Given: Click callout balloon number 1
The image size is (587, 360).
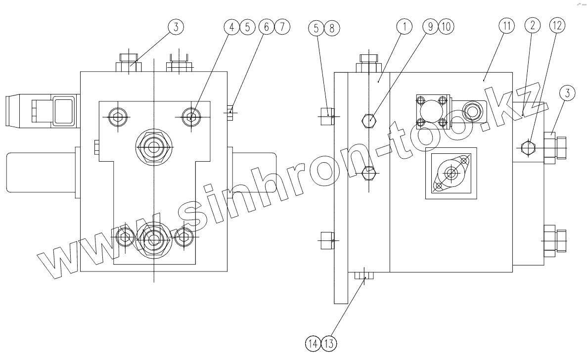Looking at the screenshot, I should (404, 27).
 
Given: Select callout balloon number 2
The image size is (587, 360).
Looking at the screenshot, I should (533, 27).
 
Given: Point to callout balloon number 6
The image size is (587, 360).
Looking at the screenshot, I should (266, 27).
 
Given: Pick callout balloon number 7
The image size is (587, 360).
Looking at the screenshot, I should (281, 27).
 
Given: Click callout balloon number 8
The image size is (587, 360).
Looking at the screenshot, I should (331, 27).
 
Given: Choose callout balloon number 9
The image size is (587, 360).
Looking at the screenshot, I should (430, 27).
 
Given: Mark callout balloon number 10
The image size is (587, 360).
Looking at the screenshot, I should (446, 27).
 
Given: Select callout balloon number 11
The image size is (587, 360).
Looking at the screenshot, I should (507, 27).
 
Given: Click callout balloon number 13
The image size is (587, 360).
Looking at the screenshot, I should (328, 343).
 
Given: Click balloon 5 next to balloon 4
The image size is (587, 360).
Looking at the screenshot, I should (247, 27).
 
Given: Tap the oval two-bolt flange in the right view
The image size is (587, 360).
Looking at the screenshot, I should (451, 173).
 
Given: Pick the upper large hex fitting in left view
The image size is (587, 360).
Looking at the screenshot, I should (154, 147).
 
